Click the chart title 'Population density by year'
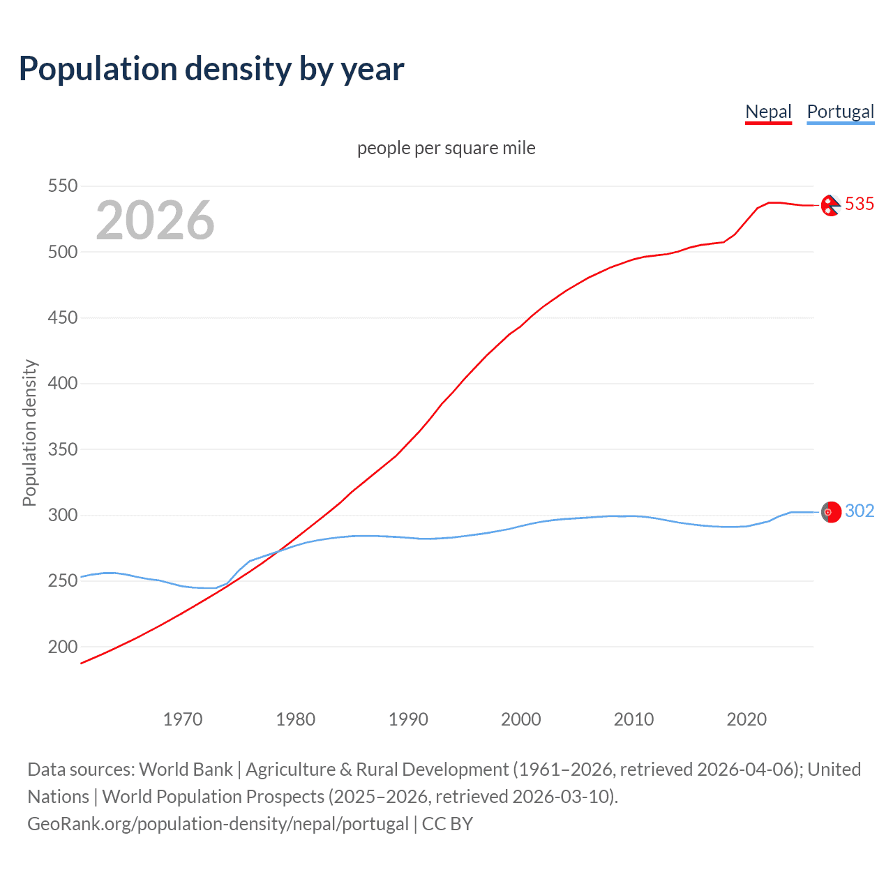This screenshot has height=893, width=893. (x=211, y=69)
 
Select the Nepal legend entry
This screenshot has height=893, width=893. (x=768, y=112)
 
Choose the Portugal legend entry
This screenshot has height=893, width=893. (x=840, y=112)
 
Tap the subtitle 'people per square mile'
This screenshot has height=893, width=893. (x=446, y=148)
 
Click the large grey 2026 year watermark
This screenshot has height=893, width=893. (x=155, y=220)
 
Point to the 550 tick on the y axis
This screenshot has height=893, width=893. (x=62, y=186)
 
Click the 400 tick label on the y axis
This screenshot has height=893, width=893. (x=62, y=383)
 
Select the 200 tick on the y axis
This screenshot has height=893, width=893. (x=62, y=647)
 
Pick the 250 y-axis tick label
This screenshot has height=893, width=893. (x=62, y=580)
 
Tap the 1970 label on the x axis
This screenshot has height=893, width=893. (x=183, y=719)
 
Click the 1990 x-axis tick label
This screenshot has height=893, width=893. (x=408, y=719)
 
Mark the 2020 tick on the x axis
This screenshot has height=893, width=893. (x=746, y=719)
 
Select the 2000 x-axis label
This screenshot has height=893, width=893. (x=521, y=719)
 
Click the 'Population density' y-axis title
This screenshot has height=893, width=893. (x=29, y=433)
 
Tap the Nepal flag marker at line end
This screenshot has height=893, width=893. (x=830, y=205)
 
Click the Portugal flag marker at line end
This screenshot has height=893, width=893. (x=830, y=512)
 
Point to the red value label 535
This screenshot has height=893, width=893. (x=860, y=204)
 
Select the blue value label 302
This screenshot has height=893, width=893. (x=860, y=511)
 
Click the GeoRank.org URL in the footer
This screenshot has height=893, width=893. (x=218, y=824)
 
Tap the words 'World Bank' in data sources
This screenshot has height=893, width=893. (x=186, y=770)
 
